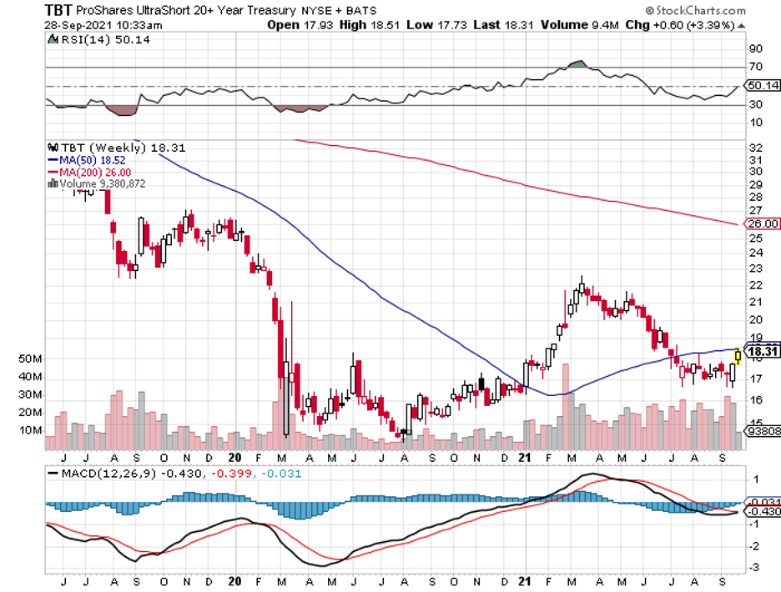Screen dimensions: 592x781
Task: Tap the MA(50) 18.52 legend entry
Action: click(88, 158)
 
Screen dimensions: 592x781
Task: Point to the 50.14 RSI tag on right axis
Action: click(762, 86)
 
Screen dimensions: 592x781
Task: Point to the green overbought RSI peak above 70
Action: click(576, 63)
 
